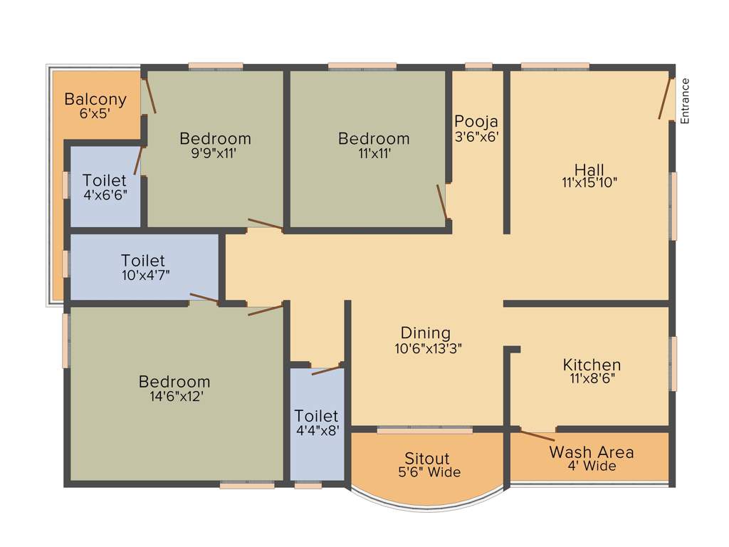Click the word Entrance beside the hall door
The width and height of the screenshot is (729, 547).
(686, 101)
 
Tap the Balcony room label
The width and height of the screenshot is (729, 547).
(95, 99)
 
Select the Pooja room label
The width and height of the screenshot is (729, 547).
(476, 120)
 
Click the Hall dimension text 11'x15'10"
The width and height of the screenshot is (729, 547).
(589, 182)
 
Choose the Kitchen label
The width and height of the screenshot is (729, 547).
(592, 365)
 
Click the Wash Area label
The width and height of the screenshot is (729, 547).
(592, 452)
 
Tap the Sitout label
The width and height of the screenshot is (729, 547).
(427, 458)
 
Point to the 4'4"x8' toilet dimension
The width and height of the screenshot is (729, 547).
(317, 429)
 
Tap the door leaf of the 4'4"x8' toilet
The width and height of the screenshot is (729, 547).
(327, 370)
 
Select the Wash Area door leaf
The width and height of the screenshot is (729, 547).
(537, 436)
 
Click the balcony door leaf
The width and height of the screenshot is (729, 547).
(150, 95)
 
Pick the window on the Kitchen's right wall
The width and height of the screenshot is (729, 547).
(673, 363)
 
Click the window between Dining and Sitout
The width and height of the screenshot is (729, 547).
(424, 430)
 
